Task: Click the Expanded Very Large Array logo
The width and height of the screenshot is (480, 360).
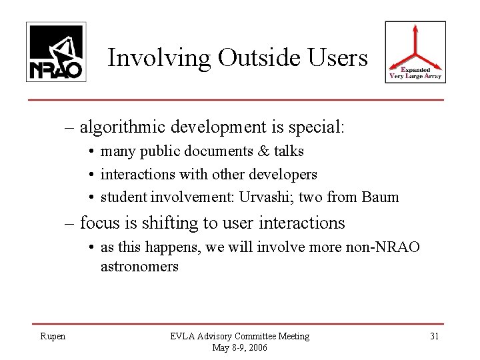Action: click(416, 53)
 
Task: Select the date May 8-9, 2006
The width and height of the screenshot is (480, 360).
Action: click(239, 347)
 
